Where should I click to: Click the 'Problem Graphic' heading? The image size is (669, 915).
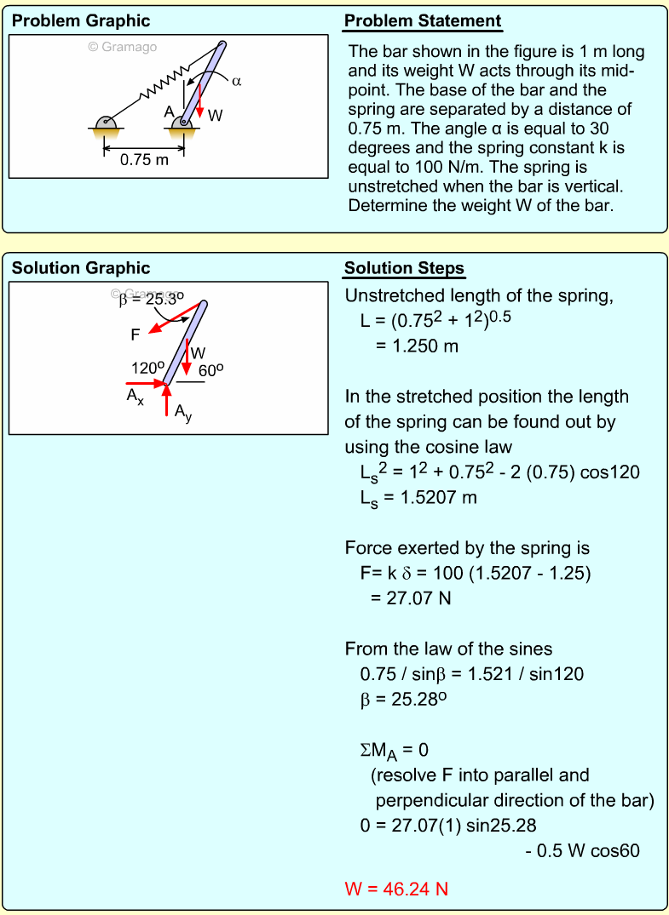(x=81, y=21)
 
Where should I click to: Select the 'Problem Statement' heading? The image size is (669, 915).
(x=423, y=21)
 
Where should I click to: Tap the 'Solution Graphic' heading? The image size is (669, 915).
(x=81, y=268)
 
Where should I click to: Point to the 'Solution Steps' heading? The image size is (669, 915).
(x=404, y=269)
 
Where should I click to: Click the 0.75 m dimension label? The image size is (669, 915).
(x=144, y=159)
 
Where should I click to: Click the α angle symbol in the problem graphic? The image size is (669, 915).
(x=237, y=82)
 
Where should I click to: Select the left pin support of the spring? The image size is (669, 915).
(x=107, y=124)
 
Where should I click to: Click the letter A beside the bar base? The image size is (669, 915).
(x=170, y=112)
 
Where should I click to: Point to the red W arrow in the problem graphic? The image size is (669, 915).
(x=199, y=103)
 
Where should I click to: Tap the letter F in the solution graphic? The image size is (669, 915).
(x=136, y=335)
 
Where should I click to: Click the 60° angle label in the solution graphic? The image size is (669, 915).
(x=211, y=370)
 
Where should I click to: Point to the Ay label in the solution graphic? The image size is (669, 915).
(x=182, y=413)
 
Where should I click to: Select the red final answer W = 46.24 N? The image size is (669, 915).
(x=396, y=889)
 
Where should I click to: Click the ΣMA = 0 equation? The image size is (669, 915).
(x=394, y=751)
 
